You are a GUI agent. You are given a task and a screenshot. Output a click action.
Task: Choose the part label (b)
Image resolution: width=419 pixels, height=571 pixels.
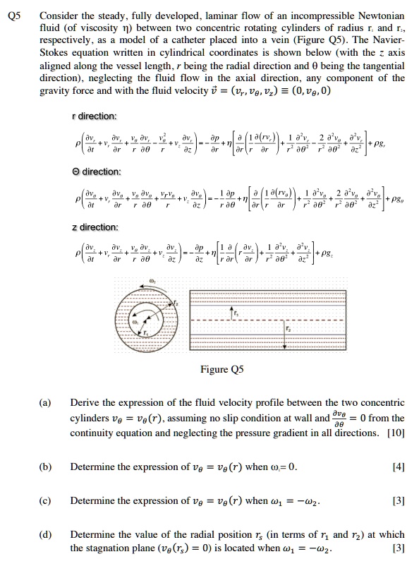click(x=44, y=466)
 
